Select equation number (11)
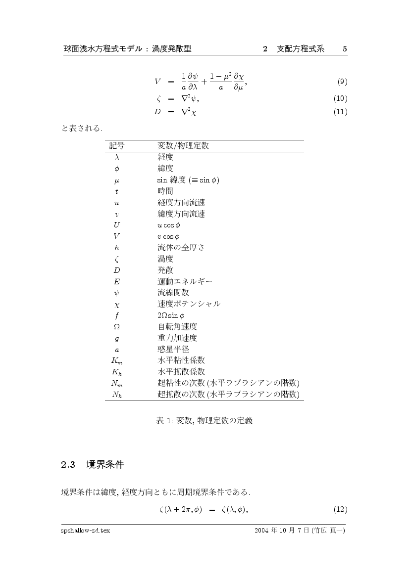point(341,112)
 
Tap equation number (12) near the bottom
point(341,509)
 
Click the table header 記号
point(117,146)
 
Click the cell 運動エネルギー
point(185,281)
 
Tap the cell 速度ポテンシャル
point(189,304)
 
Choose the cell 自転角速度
point(177,327)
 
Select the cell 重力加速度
point(177,338)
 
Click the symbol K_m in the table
point(117,360)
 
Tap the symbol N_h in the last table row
point(117,395)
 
